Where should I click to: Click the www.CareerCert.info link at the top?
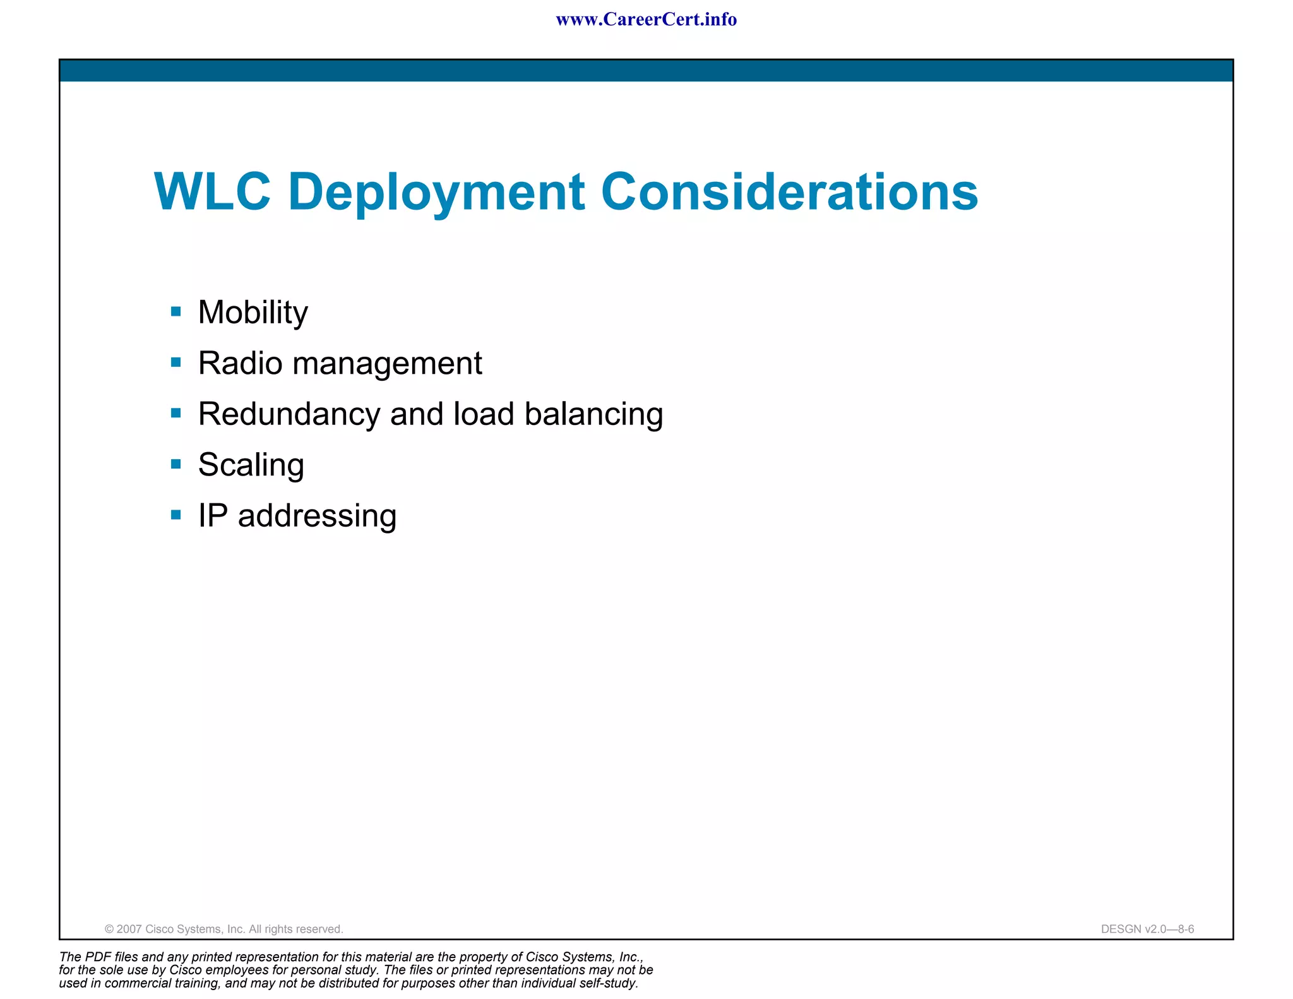pyautogui.click(x=646, y=20)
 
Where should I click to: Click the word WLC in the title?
pyautogui.click(x=212, y=191)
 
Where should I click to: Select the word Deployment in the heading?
pyautogui.click(x=436, y=193)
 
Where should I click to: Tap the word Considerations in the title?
pyautogui.click(x=789, y=191)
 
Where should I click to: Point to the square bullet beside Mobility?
pyautogui.click(x=176, y=311)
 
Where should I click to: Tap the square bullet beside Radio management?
pyautogui.click(x=176, y=362)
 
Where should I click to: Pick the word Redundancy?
pyautogui.click(x=289, y=415)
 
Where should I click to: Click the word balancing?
pyautogui.click(x=593, y=415)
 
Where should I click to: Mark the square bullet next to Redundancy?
pyautogui.click(x=176, y=414)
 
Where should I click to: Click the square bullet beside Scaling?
pyautogui.click(x=176, y=464)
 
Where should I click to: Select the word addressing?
pyautogui.click(x=317, y=516)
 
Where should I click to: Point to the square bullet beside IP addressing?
pyautogui.click(x=176, y=515)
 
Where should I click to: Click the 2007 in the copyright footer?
pyautogui.click(x=129, y=929)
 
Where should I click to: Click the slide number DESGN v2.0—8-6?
pyautogui.click(x=1147, y=929)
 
